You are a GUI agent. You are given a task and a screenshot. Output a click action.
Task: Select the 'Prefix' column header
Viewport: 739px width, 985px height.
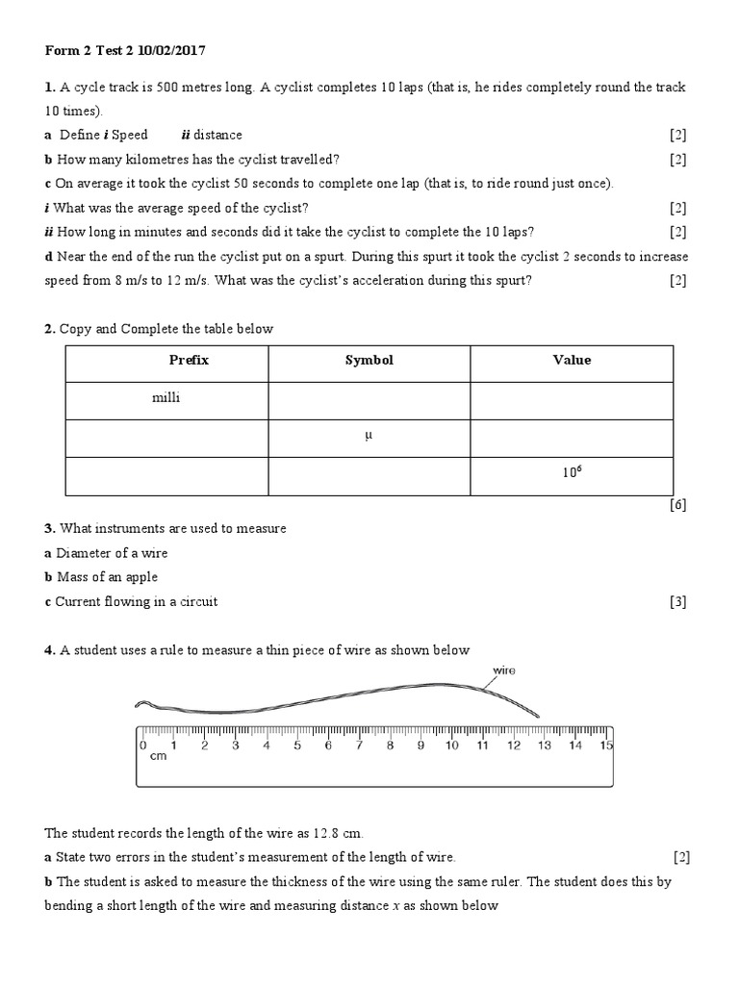pyautogui.click(x=189, y=361)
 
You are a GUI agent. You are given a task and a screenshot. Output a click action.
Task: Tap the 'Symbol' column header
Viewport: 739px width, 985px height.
pyautogui.click(x=369, y=361)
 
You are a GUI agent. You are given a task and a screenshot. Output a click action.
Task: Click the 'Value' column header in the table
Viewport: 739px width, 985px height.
pyautogui.click(x=572, y=361)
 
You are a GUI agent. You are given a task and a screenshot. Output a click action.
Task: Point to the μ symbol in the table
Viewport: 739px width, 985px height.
pyautogui.click(x=369, y=436)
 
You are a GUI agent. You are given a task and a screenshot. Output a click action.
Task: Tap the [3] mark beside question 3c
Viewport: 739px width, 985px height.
pyautogui.click(x=677, y=602)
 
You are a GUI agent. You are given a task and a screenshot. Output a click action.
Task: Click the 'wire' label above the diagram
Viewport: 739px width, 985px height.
pyautogui.click(x=505, y=671)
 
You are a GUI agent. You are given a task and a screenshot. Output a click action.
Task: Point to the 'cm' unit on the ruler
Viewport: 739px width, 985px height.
pyautogui.click(x=159, y=757)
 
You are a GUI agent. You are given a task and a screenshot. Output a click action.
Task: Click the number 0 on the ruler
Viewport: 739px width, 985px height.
pyautogui.click(x=142, y=745)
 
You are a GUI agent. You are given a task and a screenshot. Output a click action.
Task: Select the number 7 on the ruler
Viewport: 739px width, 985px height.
pyautogui.click(x=359, y=745)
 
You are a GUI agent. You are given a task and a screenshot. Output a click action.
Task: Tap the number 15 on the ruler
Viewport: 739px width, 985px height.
pyautogui.click(x=606, y=745)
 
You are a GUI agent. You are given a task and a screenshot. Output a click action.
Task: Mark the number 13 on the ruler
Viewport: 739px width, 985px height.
pyautogui.click(x=544, y=745)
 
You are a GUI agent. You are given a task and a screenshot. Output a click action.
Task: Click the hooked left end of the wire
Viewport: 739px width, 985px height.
pyautogui.click(x=140, y=704)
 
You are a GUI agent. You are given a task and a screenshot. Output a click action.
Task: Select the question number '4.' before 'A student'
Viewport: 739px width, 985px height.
pyautogui.click(x=50, y=650)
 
